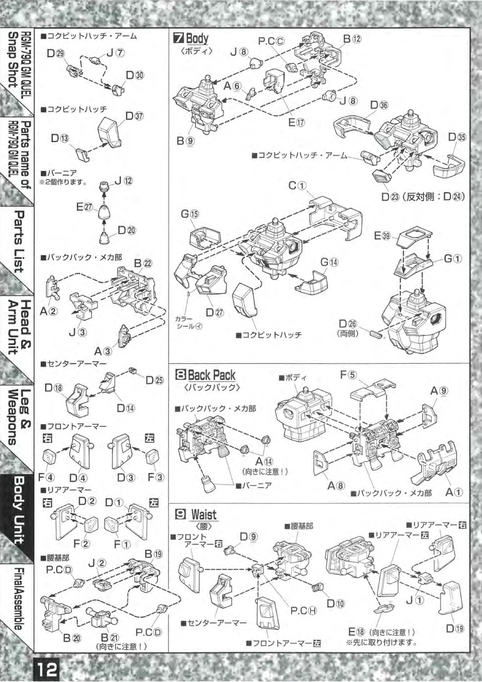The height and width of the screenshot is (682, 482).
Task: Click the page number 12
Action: coord(45,669)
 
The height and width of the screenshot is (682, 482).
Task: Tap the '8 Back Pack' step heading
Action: coord(206,375)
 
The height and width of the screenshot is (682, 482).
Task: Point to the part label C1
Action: coord(298,186)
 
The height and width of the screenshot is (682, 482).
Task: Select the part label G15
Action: coord(190,214)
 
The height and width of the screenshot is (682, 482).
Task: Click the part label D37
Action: coord(134,116)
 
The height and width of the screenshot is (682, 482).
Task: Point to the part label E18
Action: coord(357,632)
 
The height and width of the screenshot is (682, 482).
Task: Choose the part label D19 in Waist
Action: coord(455,629)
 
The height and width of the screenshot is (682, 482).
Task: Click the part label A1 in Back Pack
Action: coord(453,492)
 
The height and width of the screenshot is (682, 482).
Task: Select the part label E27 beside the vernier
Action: coord(85,207)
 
